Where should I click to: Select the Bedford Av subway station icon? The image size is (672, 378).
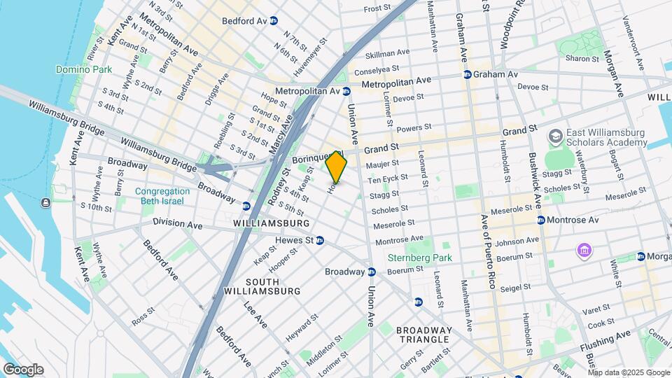(274, 21)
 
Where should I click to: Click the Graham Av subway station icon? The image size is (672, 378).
(467, 74)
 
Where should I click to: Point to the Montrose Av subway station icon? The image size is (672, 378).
(541, 220)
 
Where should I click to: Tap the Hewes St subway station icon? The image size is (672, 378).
(319, 240)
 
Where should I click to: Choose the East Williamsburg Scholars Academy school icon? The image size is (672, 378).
(556, 134)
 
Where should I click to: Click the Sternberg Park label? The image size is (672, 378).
(420, 258)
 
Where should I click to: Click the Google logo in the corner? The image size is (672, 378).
(22, 370)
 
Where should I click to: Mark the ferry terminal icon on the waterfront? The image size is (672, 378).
(45, 203)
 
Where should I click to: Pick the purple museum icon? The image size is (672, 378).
(583, 250)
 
